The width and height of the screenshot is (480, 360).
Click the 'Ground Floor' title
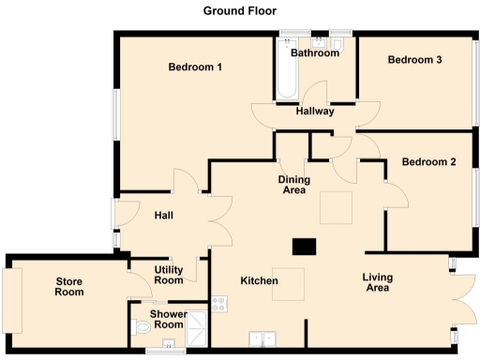tap(239, 10)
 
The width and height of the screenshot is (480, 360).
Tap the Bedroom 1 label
tap(195, 67)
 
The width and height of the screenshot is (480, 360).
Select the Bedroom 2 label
tap(428, 162)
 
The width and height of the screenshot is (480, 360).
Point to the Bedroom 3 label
tap(414, 60)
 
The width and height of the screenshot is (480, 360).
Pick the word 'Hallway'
tap(315, 112)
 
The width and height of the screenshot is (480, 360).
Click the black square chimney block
tap(304, 247)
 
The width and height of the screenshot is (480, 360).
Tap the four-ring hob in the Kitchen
tap(220, 303)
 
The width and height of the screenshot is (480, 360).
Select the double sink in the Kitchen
tap(262, 338)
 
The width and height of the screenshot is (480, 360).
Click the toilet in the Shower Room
tap(141, 328)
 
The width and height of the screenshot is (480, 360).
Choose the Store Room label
tap(68, 286)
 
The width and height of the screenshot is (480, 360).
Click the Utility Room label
tap(169, 275)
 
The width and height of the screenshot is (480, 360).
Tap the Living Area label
tap(378, 282)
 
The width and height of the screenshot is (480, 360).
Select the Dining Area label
tap(294, 184)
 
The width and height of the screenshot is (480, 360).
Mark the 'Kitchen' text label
tap(259, 281)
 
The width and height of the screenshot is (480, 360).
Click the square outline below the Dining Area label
tap(337, 208)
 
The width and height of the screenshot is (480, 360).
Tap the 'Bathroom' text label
tap(314, 53)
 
